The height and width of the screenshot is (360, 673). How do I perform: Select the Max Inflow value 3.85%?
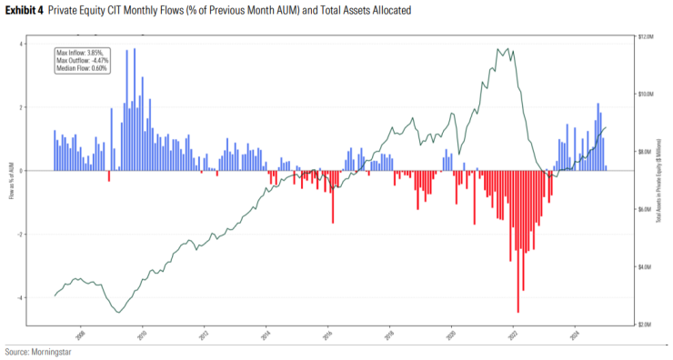(95, 53)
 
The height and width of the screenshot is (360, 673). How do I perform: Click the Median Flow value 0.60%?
(97, 67)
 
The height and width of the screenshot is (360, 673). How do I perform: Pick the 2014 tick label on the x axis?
(266, 333)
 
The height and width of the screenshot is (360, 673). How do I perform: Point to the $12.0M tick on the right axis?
(647, 36)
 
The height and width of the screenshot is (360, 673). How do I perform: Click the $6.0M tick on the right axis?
(646, 209)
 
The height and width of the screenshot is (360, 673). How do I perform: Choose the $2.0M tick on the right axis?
(646, 325)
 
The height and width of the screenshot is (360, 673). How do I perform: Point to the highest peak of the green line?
(498, 49)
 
